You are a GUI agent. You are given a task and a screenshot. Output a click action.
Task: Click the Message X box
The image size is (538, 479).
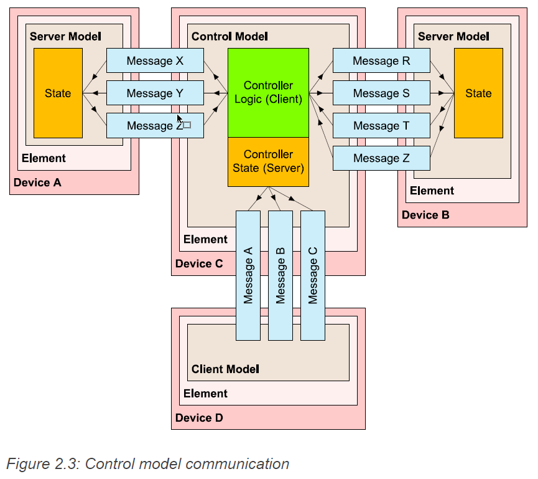155,61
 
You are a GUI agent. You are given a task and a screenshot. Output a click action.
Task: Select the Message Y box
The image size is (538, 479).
155,93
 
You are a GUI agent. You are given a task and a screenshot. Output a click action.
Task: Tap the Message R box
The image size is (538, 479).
381,61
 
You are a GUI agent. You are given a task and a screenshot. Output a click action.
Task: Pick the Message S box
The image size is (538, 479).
381,93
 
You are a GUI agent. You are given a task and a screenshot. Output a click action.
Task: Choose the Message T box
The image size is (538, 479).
381,126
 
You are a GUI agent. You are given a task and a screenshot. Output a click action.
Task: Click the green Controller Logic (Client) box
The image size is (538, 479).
268,92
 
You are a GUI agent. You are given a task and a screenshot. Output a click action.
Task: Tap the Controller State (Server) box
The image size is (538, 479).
268,161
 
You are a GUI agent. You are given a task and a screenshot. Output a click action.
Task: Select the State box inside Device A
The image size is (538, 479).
58,93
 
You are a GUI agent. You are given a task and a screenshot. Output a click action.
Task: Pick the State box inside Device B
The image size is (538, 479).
478,93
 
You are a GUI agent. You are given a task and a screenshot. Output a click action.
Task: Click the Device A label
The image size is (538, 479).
37,183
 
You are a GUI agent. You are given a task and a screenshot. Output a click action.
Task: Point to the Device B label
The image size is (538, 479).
425,215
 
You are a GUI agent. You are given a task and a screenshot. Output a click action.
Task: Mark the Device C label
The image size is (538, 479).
199,263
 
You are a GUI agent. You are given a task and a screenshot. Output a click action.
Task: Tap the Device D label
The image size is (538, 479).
199,418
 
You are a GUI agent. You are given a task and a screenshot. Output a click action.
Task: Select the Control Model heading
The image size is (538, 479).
230,37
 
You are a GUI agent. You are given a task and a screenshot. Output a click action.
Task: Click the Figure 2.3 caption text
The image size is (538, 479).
148,464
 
